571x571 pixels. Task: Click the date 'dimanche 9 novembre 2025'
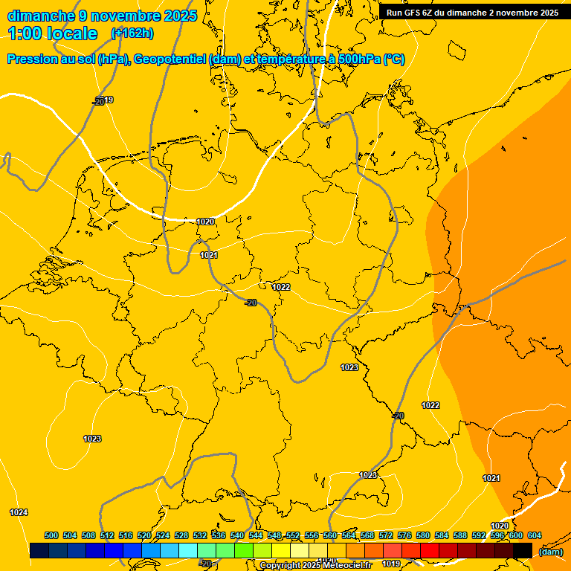[102, 16]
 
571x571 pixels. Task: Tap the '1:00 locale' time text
[53, 33]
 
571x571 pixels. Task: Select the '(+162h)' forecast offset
[132, 33]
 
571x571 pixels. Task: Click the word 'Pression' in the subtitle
[33, 59]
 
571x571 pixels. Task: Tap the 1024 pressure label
[19, 512]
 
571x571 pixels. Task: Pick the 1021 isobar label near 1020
[209, 255]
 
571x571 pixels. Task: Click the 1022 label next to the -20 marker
[281, 287]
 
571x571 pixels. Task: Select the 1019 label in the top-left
[105, 100]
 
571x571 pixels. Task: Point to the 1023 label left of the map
[92, 439]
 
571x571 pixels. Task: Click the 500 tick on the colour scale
[51, 535]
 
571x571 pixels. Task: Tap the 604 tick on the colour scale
[534, 535]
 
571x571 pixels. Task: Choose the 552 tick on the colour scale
[293, 535]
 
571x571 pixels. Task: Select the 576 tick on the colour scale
[404, 535]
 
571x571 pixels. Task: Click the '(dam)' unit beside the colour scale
[550, 552]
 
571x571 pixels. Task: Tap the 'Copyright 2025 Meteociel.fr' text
[315, 565]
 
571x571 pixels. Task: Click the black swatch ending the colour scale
[523, 550]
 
